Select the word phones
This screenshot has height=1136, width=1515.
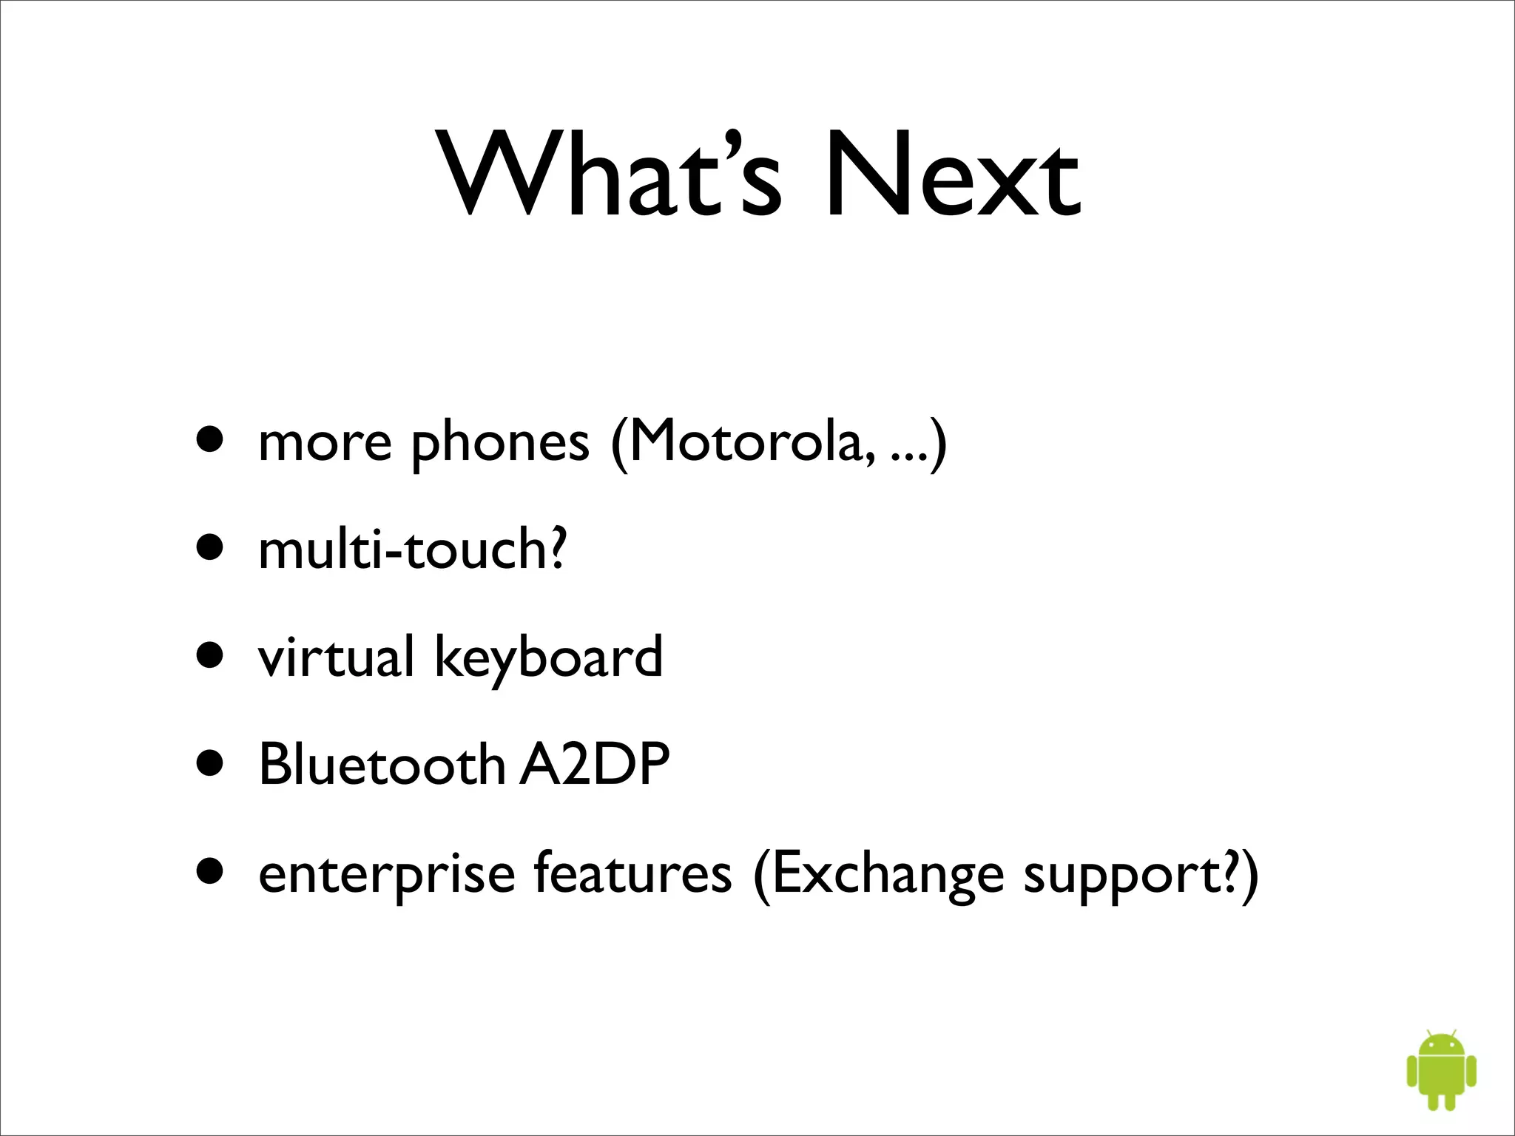[x=500, y=444]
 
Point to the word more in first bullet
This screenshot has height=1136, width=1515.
[x=325, y=444]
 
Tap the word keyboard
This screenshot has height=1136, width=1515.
[x=548, y=658]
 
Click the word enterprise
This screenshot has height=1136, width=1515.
[x=386, y=874]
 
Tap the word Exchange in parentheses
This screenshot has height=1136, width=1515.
[x=888, y=874]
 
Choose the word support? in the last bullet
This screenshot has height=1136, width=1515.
[x=1132, y=874]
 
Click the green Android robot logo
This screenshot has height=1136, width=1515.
[x=1441, y=1069]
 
